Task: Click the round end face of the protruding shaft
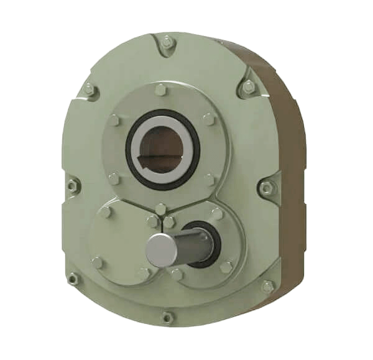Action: click(x=159, y=249)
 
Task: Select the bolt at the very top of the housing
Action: click(x=167, y=42)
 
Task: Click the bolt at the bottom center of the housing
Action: click(x=167, y=317)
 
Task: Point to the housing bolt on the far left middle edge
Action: click(x=73, y=185)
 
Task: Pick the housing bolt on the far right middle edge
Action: click(x=267, y=187)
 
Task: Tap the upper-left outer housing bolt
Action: click(x=90, y=90)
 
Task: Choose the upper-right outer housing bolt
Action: click(x=249, y=88)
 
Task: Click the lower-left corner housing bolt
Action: click(x=74, y=279)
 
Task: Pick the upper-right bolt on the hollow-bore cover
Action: click(x=209, y=118)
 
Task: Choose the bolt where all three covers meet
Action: click(x=160, y=208)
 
